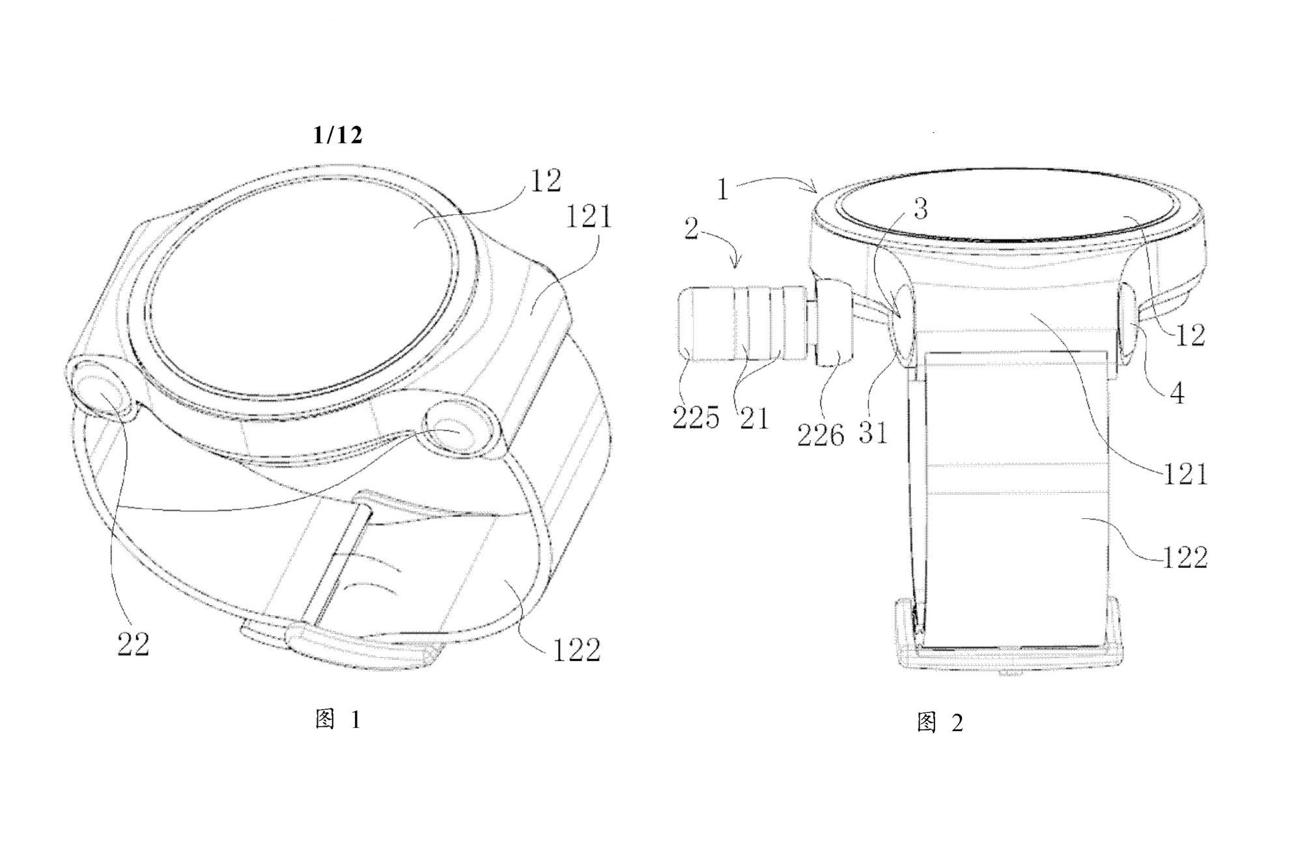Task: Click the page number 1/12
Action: [337, 135]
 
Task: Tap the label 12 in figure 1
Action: [545, 182]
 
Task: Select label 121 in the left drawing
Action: [589, 216]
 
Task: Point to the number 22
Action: [134, 644]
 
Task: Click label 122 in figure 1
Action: [576, 649]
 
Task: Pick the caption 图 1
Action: [337, 719]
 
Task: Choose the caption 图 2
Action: [940, 722]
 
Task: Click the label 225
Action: [696, 417]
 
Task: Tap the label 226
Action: [821, 434]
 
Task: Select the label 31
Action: [873, 432]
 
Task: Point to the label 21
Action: [754, 417]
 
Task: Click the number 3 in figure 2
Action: [920, 210]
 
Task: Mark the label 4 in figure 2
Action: [1177, 393]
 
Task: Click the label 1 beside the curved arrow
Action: [722, 189]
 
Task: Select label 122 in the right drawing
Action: [1185, 557]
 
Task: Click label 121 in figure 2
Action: [1185, 474]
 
